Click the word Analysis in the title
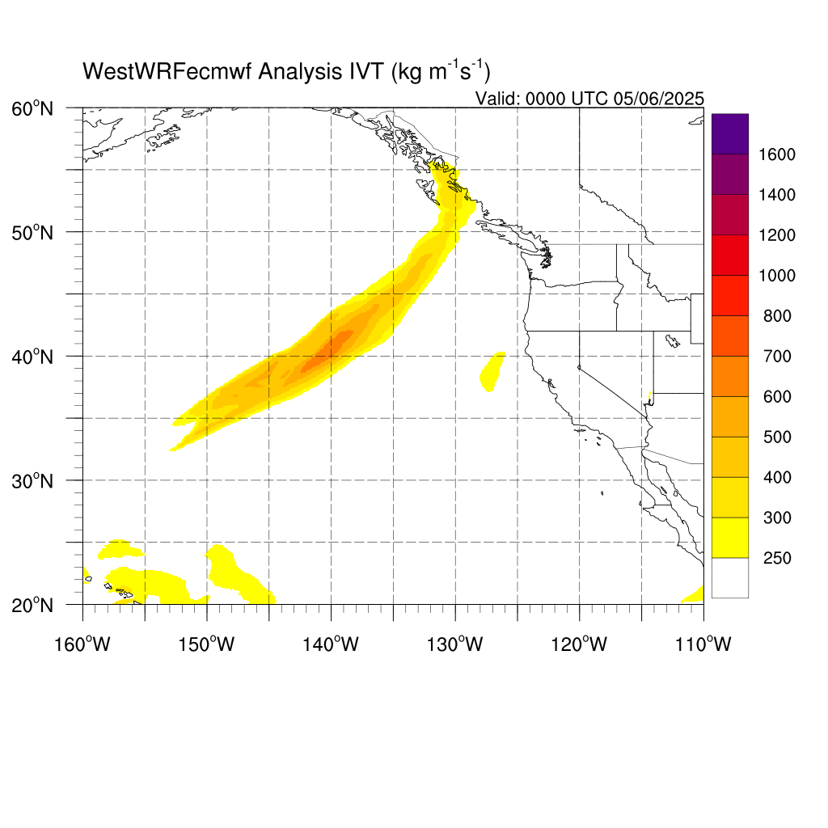click(x=299, y=72)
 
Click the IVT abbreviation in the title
click(x=366, y=71)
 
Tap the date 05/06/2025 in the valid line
click(x=658, y=99)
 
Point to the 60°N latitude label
click(x=32, y=109)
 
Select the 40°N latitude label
click(x=32, y=357)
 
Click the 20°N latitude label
click(x=32, y=605)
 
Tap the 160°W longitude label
click(x=82, y=644)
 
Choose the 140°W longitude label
click(x=331, y=644)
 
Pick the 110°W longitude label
click(x=703, y=644)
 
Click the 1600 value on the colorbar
click(x=777, y=154)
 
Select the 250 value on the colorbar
click(x=777, y=558)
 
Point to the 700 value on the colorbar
click(x=777, y=357)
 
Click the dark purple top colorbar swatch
click(x=730, y=134)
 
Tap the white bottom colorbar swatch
click(x=730, y=577)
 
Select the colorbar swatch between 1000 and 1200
click(x=730, y=255)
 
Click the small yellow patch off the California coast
click(x=492, y=372)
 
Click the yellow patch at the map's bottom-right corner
click(x=694, y=595)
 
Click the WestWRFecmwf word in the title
click(x=167, y=72)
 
